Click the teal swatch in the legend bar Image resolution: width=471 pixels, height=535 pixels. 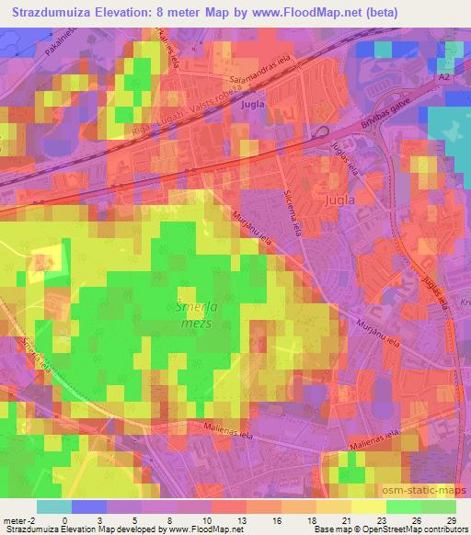coord(53,507)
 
